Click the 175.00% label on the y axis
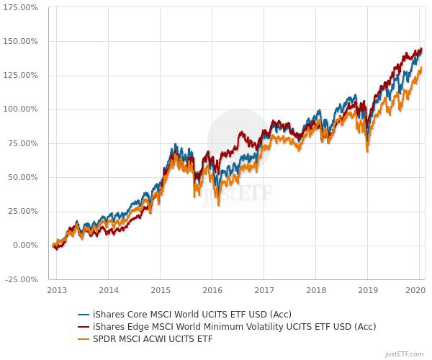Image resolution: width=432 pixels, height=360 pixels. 21,7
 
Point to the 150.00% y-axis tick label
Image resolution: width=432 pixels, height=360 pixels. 21,41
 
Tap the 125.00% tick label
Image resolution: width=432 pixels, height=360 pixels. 21,75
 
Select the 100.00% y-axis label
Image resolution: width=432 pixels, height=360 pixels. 21,109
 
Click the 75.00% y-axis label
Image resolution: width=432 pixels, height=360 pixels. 23,143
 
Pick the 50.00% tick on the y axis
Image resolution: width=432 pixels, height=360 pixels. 23,177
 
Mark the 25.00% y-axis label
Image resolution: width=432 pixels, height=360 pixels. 23,211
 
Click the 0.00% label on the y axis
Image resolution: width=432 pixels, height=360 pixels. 25,246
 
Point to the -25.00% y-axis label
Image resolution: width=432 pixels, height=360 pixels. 22,279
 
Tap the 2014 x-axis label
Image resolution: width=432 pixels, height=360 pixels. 109,290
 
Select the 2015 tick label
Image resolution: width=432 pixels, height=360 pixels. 161,290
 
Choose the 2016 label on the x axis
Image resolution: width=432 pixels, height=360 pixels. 212,290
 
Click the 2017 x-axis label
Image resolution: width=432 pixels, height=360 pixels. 264,290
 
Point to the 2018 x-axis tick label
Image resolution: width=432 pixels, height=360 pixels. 316,290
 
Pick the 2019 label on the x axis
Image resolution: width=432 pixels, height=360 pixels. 368,290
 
